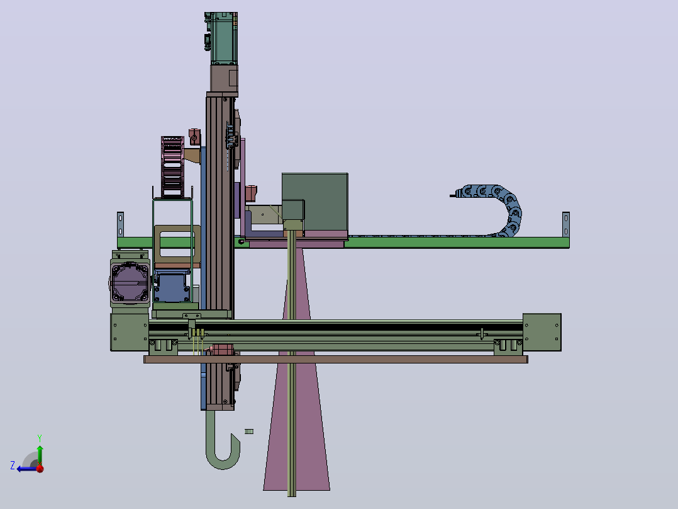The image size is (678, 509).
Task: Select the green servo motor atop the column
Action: click(223, 38)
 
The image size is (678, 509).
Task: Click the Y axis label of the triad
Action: click(40, 438)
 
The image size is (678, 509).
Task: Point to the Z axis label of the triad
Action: click(13, 466)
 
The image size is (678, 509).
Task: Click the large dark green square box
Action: click(314, 203)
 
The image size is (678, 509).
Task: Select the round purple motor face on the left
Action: click(130, 282)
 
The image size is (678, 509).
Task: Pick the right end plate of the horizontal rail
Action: click(542, 332)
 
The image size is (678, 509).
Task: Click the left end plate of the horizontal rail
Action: click(130, 332)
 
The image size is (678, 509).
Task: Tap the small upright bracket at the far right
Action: click(565, 224)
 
